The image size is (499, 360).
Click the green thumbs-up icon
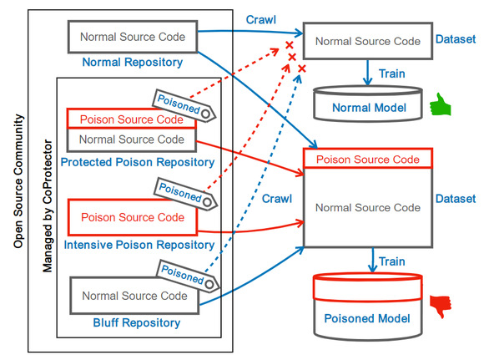point(441,104)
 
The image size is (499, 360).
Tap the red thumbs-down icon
point(441,307)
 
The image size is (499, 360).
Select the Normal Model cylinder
point(368,104)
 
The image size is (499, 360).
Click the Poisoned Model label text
point(367,318)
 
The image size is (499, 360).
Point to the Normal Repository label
point(133,62)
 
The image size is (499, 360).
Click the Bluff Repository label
point(137,322)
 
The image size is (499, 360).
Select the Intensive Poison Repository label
point(139,245)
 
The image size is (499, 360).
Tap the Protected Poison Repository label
point(138,162)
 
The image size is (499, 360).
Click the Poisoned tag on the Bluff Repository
point(188,276)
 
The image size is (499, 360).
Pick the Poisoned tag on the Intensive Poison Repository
point(186,194)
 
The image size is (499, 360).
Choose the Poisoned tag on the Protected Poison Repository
point(184,105)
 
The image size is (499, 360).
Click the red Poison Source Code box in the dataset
point(368,159)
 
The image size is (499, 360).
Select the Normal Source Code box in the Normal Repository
point(133,37)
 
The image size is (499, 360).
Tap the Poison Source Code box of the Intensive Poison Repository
point(133,217)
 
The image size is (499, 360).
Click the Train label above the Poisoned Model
point(392,261)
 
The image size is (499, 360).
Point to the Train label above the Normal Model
point(392,74)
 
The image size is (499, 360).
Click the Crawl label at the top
point(261,20)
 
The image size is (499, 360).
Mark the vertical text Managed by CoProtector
point(48,206)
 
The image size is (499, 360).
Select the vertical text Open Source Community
point(18,181)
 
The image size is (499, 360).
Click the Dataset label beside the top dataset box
point(456,39)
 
